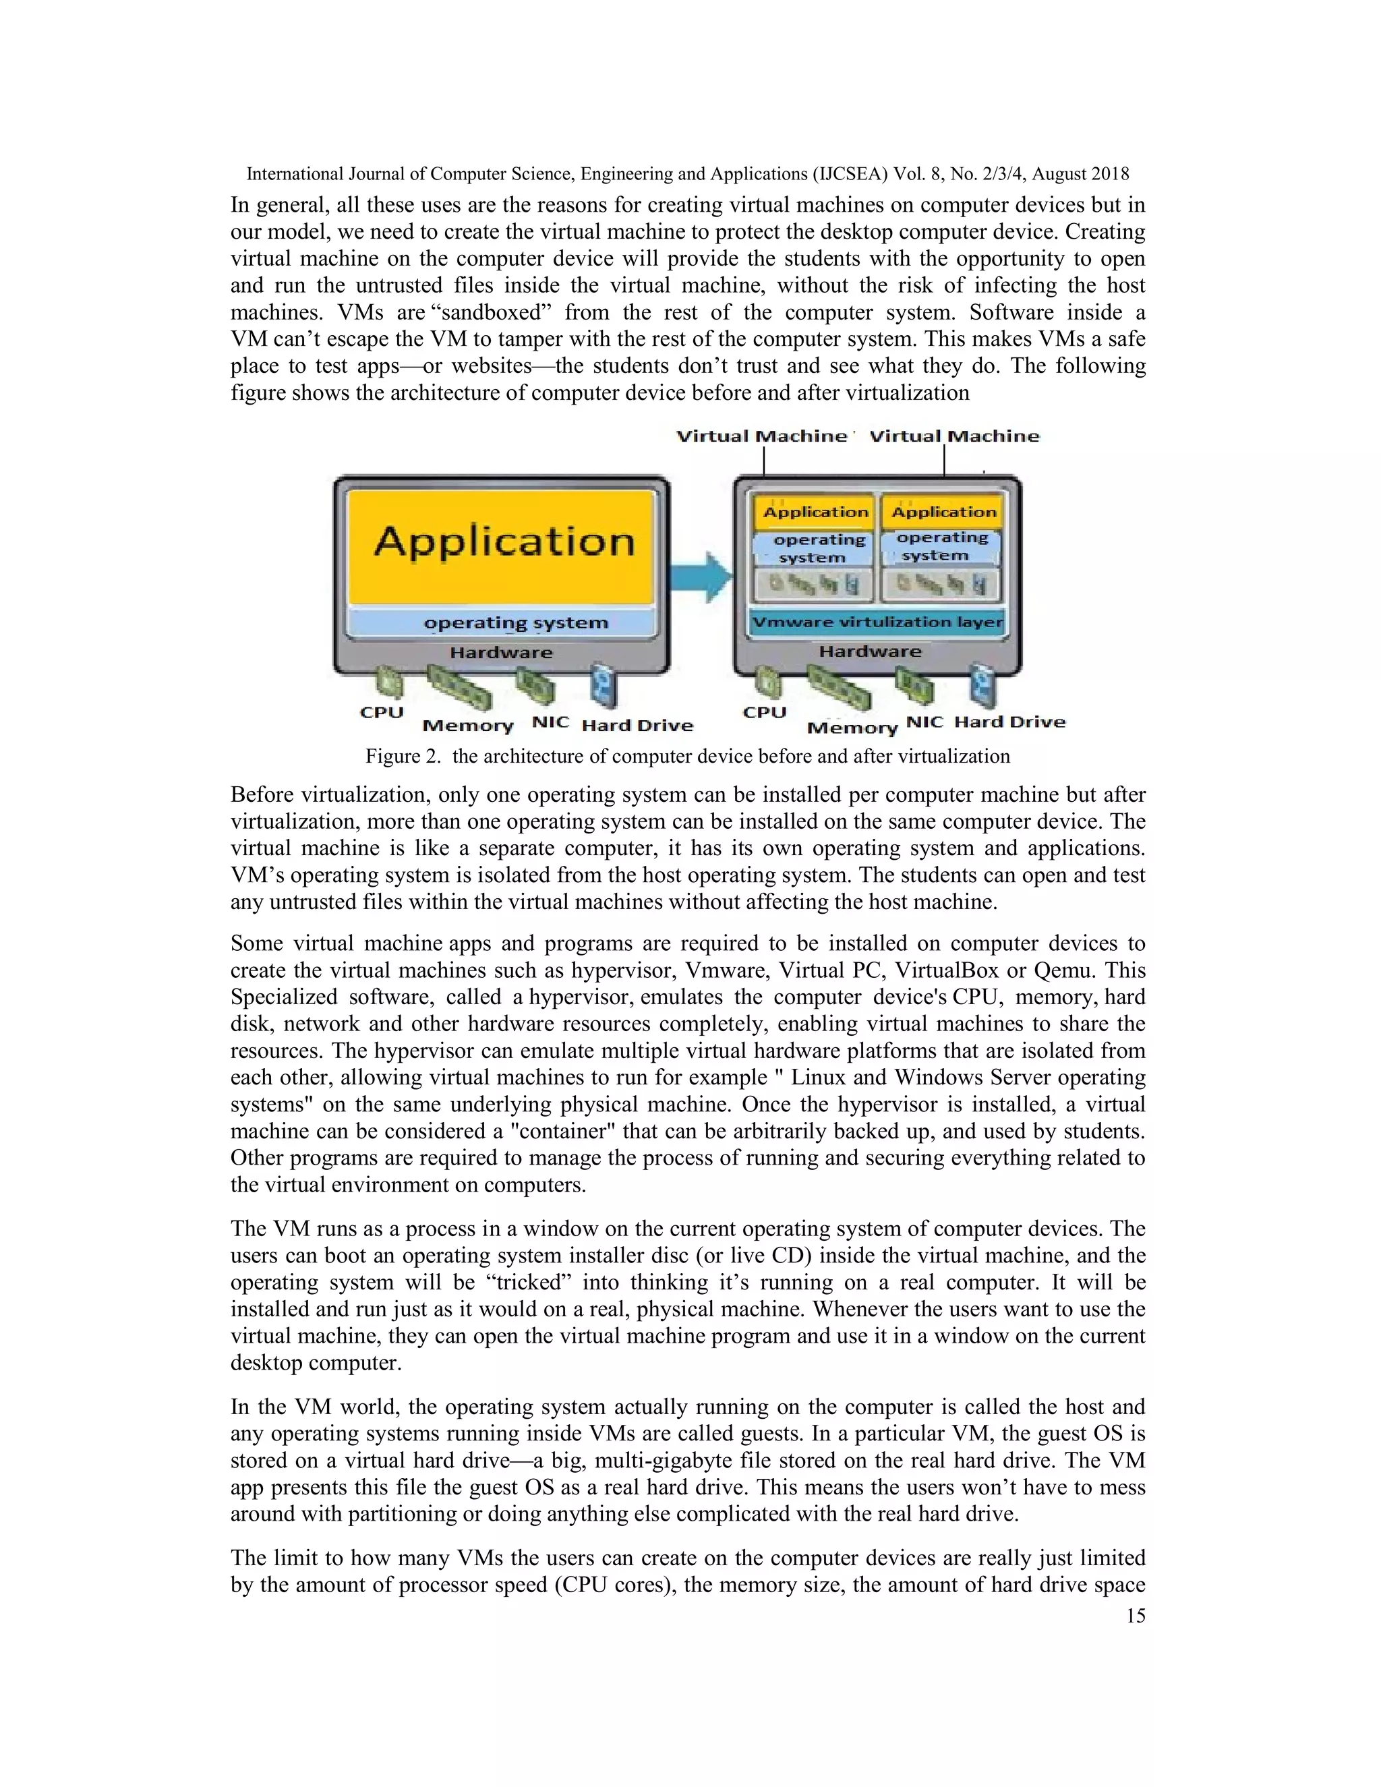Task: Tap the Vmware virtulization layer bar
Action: pyautogui.click(x=876, y=622)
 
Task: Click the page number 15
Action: pyautogui.click(x=1136, y=1616)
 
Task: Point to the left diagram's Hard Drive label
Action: pyautogui.click(x=637, y=726)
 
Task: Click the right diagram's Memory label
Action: pyautogui.click(x=852, y=728)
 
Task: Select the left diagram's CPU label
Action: pyautogui.click(x=382, y=712)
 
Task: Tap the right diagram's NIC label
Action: pyautogui.click(x=924, y=722)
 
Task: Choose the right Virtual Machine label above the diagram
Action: pyautogui.click(x=954, y=436)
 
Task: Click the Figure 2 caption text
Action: pyautogui.click(x=687, y=756)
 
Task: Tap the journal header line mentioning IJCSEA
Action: pyautogui.click(x=687, y=173)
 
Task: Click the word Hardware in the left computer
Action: pyautogui.click(x=501, y=653)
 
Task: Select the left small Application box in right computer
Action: pyautogui.click(x=815, y=512)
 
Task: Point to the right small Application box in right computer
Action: pyautogui.click(x=943, y=512)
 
